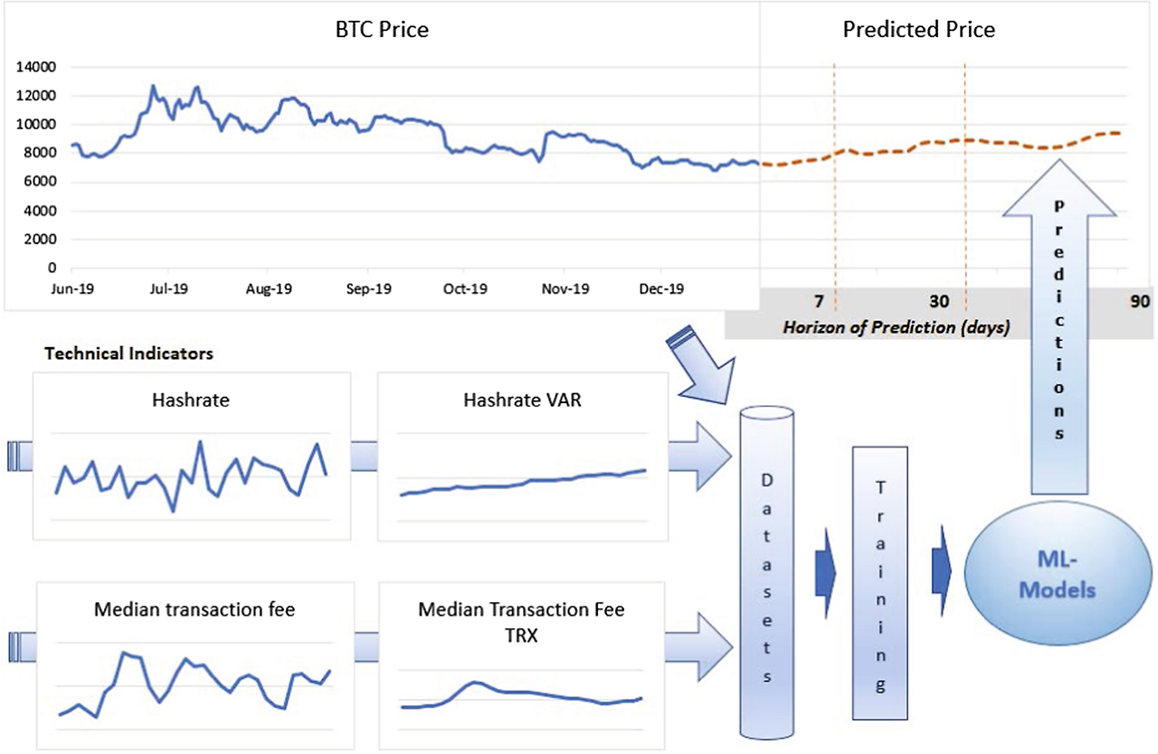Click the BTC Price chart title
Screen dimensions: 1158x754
point(382,30)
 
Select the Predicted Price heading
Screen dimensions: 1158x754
point(918,30)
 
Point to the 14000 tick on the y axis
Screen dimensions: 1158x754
point(35,67)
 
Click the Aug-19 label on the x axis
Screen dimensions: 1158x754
point(269,288)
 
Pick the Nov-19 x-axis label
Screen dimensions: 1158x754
point(565,288)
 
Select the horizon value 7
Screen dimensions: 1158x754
point(819,301)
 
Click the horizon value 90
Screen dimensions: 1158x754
point(1140,301)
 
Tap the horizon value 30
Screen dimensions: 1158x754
point(939,301)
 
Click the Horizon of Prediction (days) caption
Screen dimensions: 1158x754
point(897,327)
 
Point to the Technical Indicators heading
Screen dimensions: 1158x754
point(128,353)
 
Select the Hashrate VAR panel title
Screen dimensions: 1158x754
point(522,400)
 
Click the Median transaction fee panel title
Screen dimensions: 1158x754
point(195,609)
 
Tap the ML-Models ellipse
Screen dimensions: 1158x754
point(1058,573)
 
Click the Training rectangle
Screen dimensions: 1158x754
point(880,583)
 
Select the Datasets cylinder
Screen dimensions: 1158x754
point(766,572)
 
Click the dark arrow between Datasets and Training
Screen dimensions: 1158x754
point(825,572)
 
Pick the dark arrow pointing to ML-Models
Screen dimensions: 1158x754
point(942,571)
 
